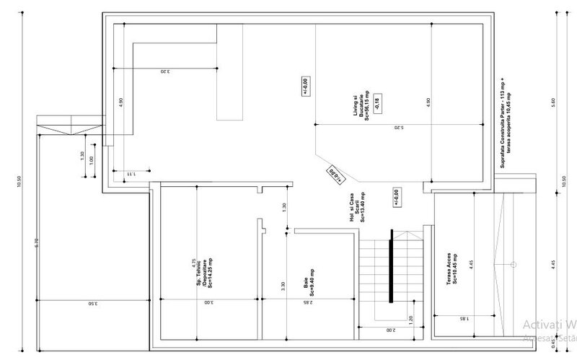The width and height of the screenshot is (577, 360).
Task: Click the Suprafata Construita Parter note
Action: pyautogui.click(x=503, y=123)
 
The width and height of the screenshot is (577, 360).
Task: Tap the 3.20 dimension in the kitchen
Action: pyautogui.click(x=164, y=71)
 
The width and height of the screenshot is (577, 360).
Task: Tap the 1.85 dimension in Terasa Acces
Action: pyautogui.click(x=462, y=318)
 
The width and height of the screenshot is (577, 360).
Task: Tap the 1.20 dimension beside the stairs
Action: pyautogui.click(x=411, y=318)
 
